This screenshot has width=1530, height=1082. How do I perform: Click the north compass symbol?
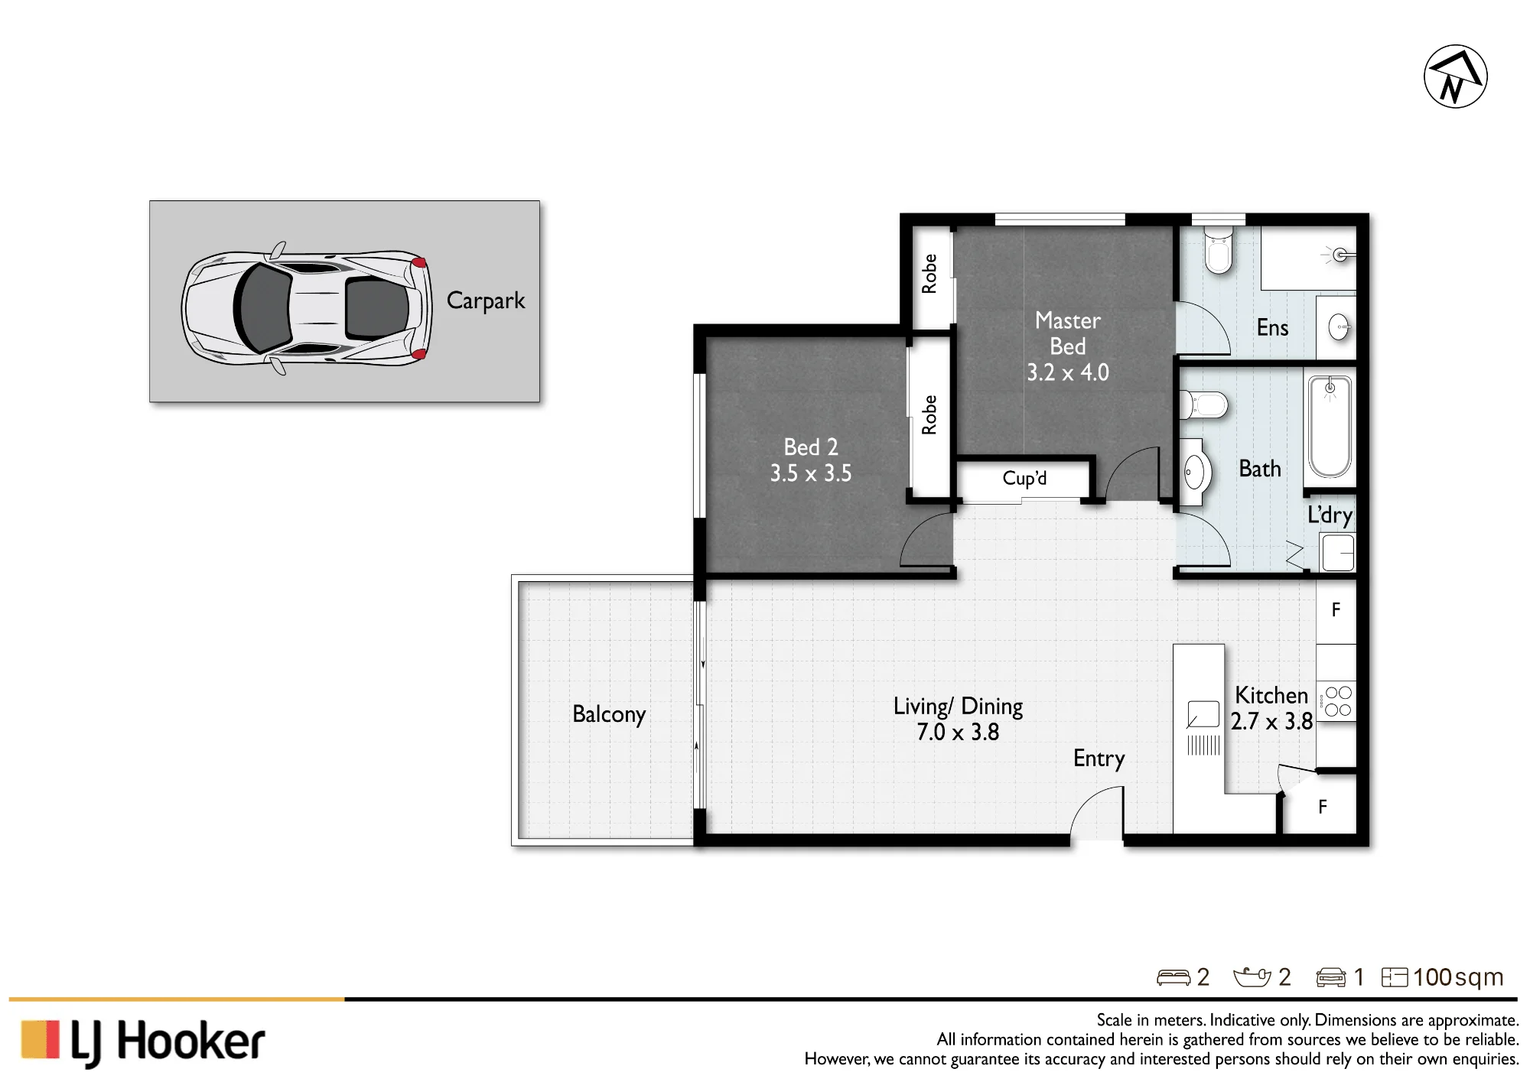coord(1455,76)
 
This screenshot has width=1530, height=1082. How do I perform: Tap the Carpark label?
coord(486,301)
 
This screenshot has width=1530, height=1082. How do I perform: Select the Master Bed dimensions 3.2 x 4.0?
coord(1067,372)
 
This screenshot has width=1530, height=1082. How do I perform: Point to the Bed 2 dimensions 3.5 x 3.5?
coord(810,473)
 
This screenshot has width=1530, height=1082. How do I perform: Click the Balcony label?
coord(609,714)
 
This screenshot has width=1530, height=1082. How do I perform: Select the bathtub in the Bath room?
coord(1330,427)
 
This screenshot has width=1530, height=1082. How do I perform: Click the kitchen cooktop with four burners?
coord(1337,701)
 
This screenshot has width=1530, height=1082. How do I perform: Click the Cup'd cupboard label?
coord(1024,479)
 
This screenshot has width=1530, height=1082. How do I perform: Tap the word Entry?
coord(1099,759)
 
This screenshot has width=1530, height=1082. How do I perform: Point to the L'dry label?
coord(1330,515)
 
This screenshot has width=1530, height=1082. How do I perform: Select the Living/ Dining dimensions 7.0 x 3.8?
coord(958,733)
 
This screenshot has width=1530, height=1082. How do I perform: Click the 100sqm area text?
coord(1458,977)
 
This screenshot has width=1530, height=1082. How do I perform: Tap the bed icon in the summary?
coord(1174,977)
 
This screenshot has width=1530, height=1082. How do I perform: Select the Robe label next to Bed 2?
coord(929,415)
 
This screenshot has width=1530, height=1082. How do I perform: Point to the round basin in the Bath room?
coord(1194,472)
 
